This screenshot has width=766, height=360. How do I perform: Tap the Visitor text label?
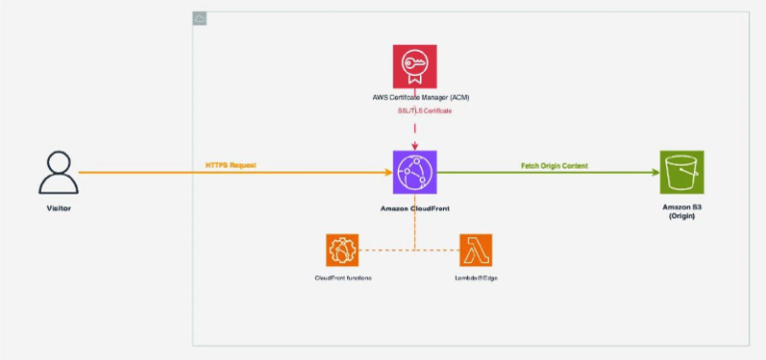point(58,207)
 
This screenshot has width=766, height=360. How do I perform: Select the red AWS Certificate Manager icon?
point(415,66)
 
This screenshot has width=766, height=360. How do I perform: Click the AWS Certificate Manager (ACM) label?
point(415,99)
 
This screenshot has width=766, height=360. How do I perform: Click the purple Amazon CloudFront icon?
point(415,173)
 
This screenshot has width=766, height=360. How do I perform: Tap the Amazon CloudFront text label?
point(415,207)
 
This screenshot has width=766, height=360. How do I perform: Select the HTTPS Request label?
point(230,163)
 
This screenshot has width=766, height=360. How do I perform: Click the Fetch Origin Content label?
point(553,164)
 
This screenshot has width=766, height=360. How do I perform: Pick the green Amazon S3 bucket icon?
point(681,173)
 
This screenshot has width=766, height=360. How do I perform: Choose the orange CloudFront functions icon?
point(341,249)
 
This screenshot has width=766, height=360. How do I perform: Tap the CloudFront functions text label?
point(342,276)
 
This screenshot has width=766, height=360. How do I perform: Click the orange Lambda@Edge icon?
point(476,249)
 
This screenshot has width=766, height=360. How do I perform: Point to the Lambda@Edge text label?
point(476,276)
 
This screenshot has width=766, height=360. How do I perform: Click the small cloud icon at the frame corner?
point(199,19)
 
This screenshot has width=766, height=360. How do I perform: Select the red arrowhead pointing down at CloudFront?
point(415,146)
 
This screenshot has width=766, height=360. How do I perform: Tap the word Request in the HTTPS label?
point(242,163)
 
